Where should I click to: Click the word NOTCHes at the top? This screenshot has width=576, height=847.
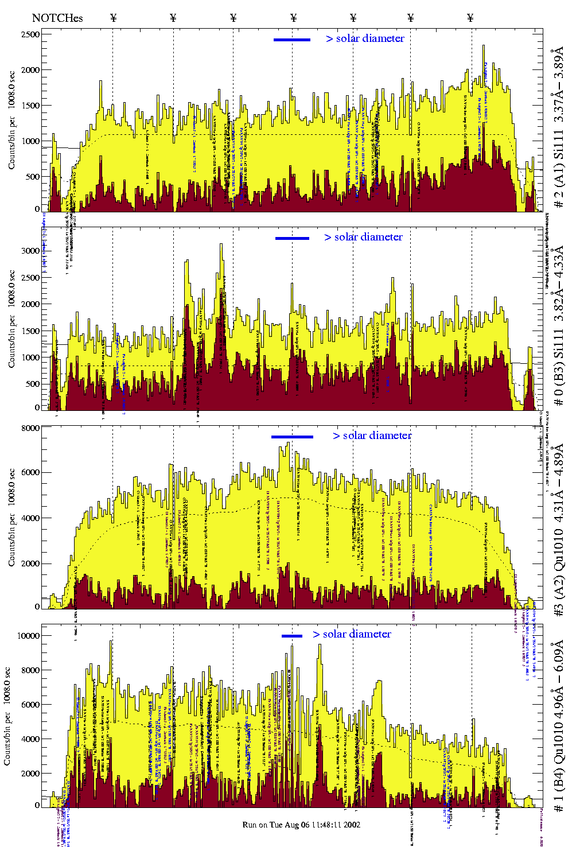(57, 18)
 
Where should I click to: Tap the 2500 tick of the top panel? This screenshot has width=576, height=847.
(30, 34)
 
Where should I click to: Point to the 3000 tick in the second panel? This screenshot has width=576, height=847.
(30, 251)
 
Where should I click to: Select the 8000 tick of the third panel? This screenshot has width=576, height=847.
(30, 428)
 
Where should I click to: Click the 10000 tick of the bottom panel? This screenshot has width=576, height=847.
(28, 636)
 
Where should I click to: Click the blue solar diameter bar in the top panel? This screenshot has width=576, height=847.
(292, 40)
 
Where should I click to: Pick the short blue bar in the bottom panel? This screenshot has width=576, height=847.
(291, 636)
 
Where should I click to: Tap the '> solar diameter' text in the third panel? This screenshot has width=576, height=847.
(372, 436)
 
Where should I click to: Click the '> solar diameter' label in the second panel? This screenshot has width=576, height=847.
(363, 237)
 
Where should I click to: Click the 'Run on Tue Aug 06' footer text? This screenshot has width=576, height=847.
(301, 825)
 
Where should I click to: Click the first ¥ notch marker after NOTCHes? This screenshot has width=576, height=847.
(113, 18)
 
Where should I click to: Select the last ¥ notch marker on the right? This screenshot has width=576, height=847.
(470, 18)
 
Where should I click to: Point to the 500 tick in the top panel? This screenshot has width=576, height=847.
(33, 177)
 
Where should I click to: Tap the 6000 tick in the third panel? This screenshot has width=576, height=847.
(30, 472)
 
